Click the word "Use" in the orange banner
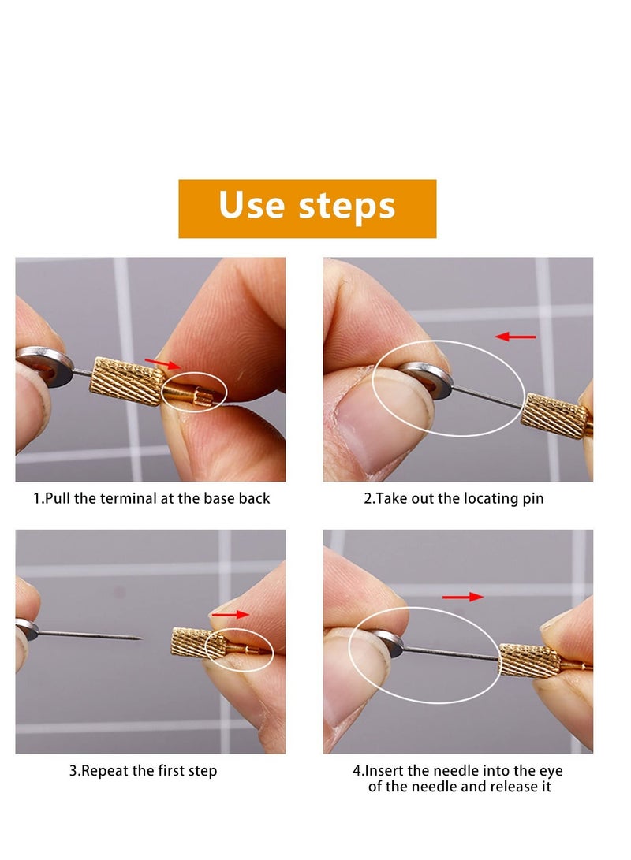coord(252,207)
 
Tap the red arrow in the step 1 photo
coord(162,364)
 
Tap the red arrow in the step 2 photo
coord(515,337)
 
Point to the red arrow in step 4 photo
coord(462,597)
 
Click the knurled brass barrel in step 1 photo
coord(129,381)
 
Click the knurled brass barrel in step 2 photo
coord(554,415)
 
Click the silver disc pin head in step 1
coord(43,365)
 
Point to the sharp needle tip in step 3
coord(139,638)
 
